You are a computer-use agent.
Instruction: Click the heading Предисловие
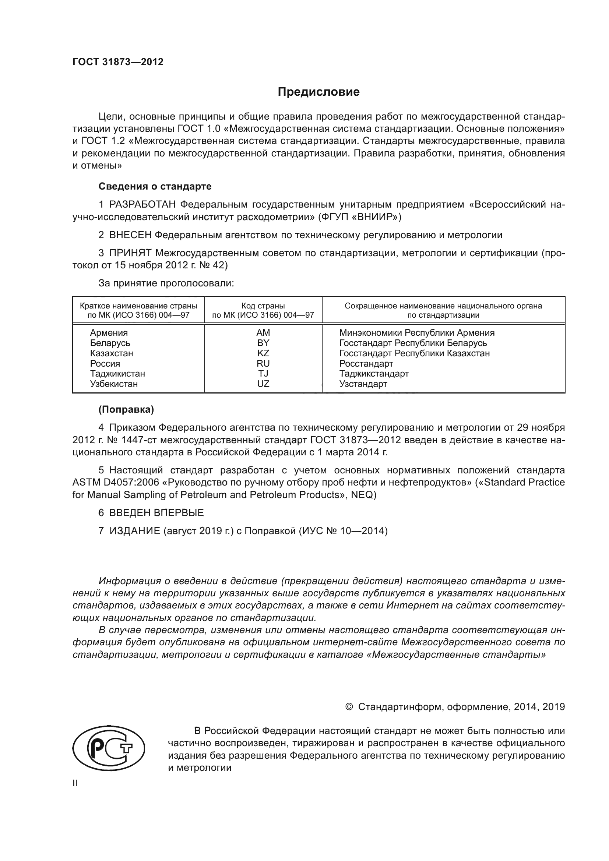[318, 92]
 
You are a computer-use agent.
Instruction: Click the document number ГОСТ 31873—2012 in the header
[118, 62]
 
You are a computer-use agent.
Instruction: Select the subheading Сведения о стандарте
[155, 186]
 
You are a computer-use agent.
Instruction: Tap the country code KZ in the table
[263, 353]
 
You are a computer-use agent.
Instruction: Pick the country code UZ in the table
[263, 384]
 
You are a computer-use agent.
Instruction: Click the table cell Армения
[109, 333]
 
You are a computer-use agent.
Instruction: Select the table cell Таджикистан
[117, 374]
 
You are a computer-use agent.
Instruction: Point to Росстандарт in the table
[366, 363]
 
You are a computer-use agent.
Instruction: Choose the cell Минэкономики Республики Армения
[417, 333]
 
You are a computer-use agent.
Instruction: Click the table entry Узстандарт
[363, 384]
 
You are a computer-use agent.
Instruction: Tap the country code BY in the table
[263, 343]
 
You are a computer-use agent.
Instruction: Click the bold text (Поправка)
[126, 409]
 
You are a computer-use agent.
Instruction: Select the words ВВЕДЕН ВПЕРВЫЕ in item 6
[156, 513]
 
